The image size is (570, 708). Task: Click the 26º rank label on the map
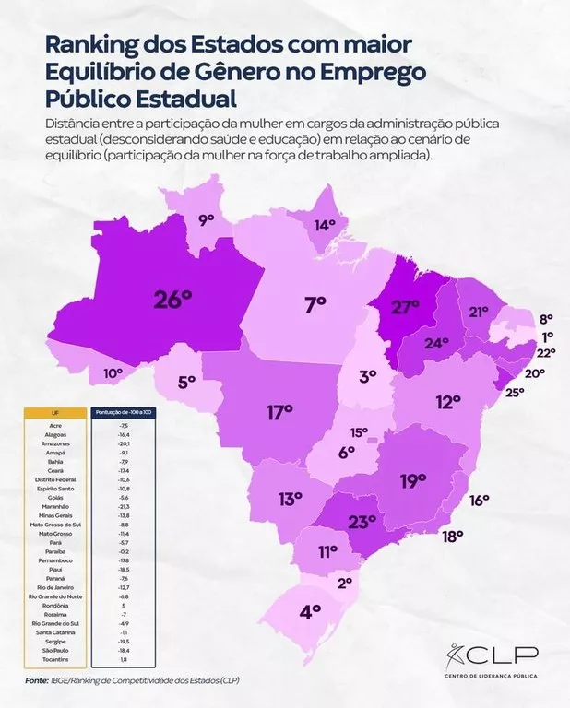click(x=172, y=299)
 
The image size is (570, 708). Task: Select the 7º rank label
click(x=316, y=303)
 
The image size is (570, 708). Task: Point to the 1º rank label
click(x=547, y=336)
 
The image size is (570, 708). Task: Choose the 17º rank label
click(x=279, y=412)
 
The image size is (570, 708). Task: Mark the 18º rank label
click(x=452, y=536)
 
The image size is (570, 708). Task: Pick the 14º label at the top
click(x=325, y=225)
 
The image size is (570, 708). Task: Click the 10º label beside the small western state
click(x=113, y=373)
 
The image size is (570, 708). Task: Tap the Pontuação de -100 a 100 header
click(x=125, y=413)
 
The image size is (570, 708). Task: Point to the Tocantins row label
click(x=55, y=660)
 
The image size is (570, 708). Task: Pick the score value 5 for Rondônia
click(x=124, y=606)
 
